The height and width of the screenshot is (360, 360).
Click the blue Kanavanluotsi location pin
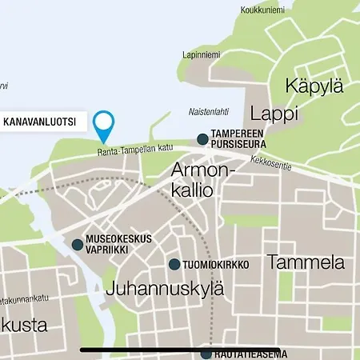click(104, 125)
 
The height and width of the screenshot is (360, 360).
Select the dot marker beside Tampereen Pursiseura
click(202, 139)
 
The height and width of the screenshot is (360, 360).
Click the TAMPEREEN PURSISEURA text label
click(237, 139)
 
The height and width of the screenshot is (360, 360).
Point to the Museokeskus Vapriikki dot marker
click(78, 245)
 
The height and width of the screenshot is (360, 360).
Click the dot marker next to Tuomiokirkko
click(174, 265)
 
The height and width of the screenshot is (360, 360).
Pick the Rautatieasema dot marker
click(206, 353)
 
